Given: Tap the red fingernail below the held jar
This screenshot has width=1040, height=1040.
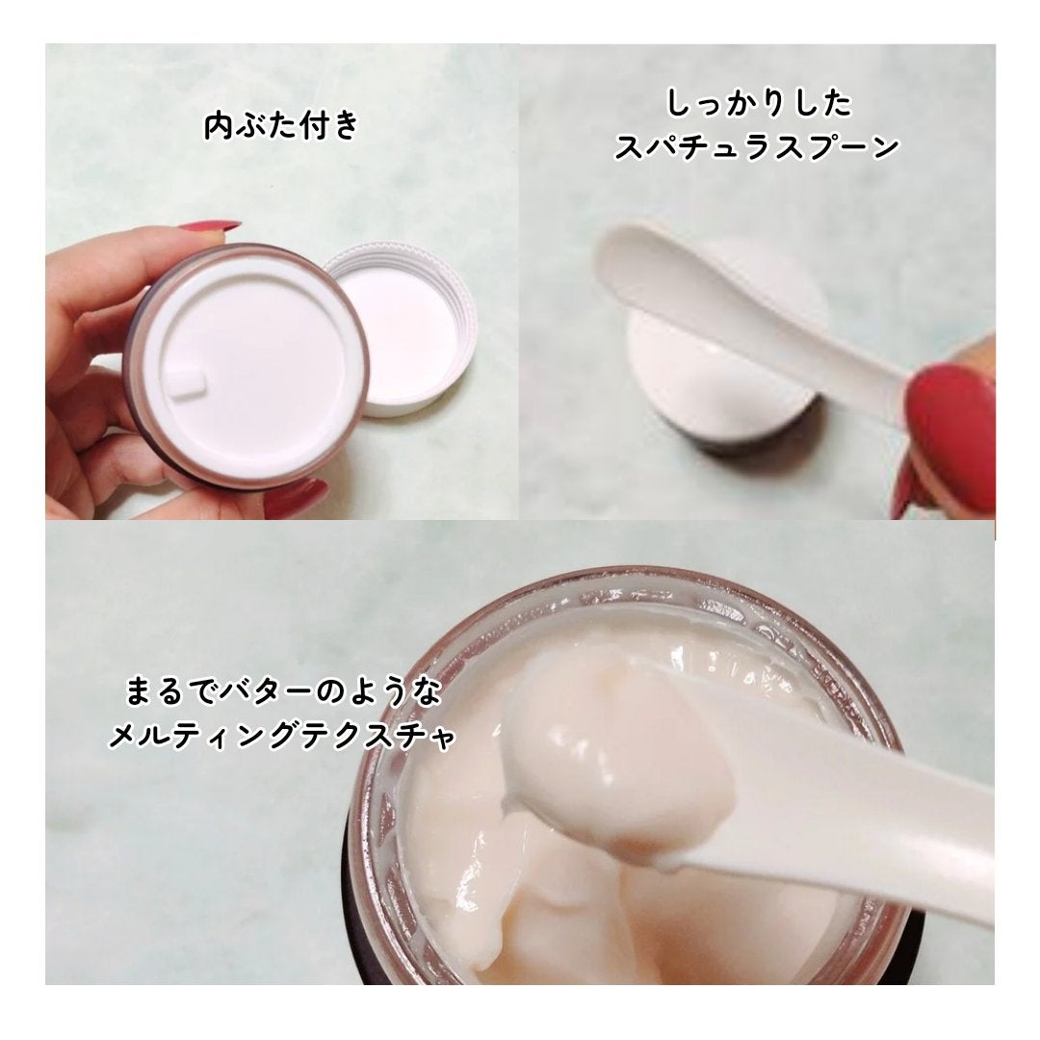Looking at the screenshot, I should pos(294,499).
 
